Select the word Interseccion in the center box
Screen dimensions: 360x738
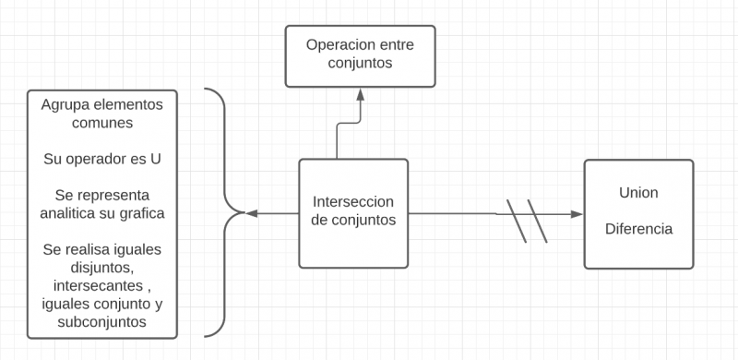pyautogui.click(x=353, y=201)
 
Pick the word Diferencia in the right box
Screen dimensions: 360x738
pyautogui.click(x=638, y=229)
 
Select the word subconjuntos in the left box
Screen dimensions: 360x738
pyautogui.click(x=101, y=323)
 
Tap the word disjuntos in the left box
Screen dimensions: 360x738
pyautogui.click(x=101, y=268)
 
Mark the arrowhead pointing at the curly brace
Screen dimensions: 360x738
pyautogui.click(x=251, y=213)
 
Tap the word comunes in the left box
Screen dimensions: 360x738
pyautogui.click(x=101, y=122)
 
